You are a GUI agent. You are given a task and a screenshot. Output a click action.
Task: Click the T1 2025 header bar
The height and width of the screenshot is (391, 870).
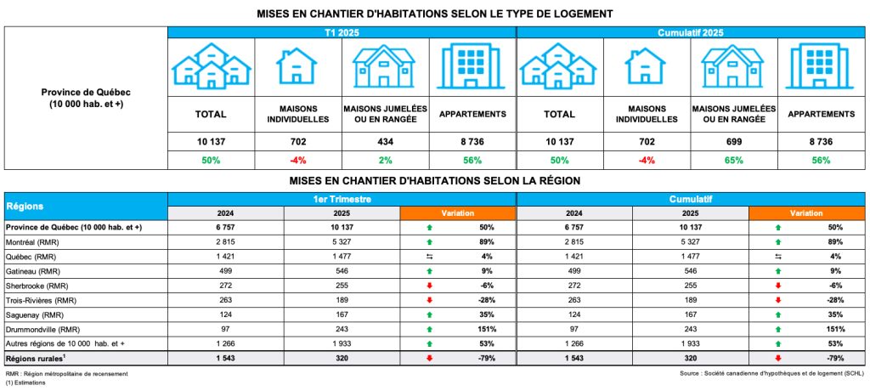(x=341, y=31)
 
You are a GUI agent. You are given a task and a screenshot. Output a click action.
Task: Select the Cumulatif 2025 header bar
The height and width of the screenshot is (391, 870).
(x=690, y=31)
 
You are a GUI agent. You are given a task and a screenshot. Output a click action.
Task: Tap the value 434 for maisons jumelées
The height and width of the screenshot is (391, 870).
(x=385, y=140)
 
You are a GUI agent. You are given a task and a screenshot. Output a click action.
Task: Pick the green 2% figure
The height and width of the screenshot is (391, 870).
(x=385, y=161)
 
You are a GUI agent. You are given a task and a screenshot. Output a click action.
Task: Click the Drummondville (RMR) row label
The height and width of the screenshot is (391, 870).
(x=43, y=329)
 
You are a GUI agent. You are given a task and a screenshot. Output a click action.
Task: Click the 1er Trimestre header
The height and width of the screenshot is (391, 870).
(x=341, y=199)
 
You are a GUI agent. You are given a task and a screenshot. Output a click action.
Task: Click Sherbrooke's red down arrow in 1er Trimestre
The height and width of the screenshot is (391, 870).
(x=430, y=286)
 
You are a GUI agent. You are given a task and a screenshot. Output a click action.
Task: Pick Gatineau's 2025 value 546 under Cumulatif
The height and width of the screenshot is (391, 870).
(x=691, y=271)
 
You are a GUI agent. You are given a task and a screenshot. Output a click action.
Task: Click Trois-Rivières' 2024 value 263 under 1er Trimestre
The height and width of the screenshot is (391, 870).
(x=225, y=300)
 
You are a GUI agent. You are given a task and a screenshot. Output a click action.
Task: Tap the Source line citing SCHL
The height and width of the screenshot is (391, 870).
(x=771, y=373)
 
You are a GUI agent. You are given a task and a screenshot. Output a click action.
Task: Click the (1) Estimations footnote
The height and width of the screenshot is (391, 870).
(x=25, y=382)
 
